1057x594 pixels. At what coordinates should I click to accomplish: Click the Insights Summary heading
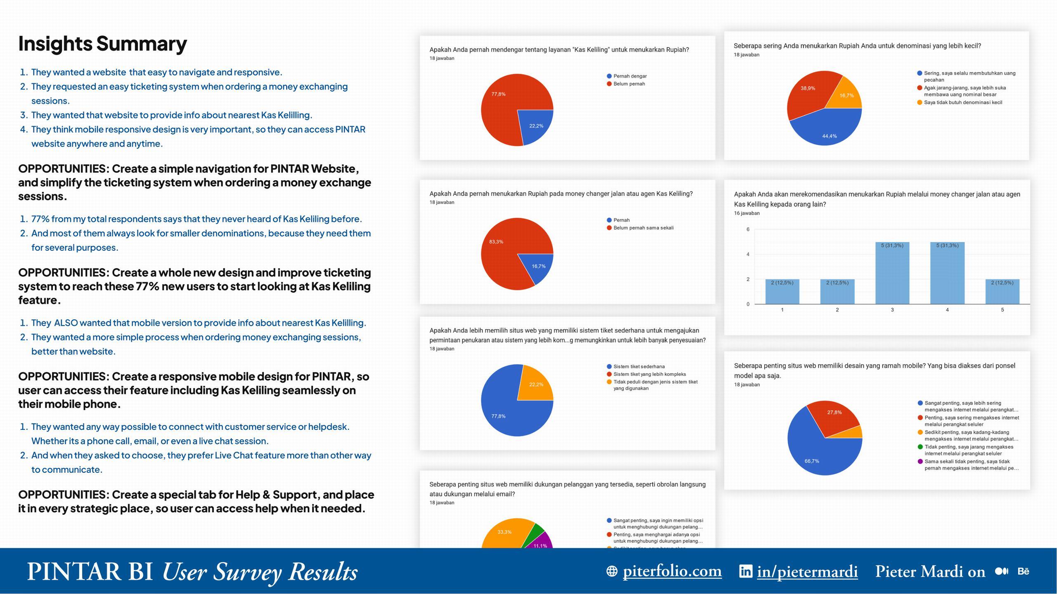coord(102,44)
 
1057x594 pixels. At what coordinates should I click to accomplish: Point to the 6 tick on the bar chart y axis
coord(748,229)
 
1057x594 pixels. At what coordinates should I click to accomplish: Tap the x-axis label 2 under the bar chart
coord(837,310)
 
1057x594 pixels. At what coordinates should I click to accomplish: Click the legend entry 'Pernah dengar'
coord(630,76)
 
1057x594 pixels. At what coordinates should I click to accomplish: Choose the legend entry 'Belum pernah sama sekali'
coord(643,228)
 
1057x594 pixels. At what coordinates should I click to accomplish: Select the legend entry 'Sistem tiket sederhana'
coord(638,367)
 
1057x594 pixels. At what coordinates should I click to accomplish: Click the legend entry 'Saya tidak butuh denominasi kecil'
coord(962,103)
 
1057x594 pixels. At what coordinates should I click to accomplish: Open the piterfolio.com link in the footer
coord(672,571)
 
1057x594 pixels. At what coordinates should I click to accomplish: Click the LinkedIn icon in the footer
coord(746,571)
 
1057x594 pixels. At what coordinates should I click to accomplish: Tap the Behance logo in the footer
coord(1023,571)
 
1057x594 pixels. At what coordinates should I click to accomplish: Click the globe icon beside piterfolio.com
coord(612,571)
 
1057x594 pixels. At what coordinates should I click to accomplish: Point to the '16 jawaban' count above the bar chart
coord(747,213)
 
